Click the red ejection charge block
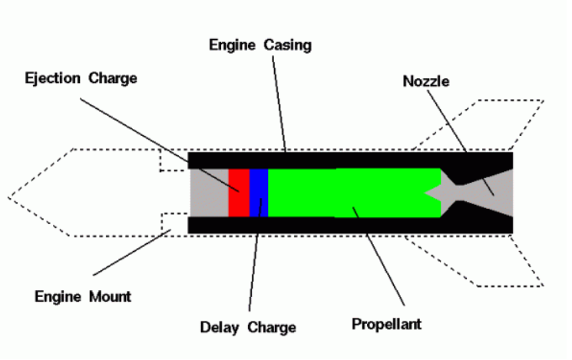pos(239,193)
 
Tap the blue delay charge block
pos(259,193)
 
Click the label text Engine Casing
pos(260,45)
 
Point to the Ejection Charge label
pos(81,78)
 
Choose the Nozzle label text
pos(425,81)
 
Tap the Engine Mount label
pos(83,296)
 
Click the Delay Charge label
pos(248,327)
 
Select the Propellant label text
pos(386,324)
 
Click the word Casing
pos(287,45)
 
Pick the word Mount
pos(110,296)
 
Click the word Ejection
pos(52,78)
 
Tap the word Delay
pos(220,327)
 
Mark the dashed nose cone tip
pos(8,198)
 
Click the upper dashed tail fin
pos(478,124)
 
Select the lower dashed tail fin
pos(474,261)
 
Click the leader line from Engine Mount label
pos(132,253)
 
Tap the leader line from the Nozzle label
pos(461,143)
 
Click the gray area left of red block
pos(210,193)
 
